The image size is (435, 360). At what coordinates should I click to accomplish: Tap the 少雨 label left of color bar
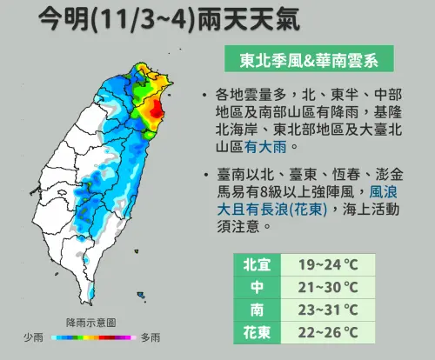pos(34,337)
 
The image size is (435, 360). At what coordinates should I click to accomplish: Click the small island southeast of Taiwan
pos(142,296)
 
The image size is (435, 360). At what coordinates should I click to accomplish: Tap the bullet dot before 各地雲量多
pos(203,95)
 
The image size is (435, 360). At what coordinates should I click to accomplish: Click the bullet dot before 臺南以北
pos(203,171)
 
